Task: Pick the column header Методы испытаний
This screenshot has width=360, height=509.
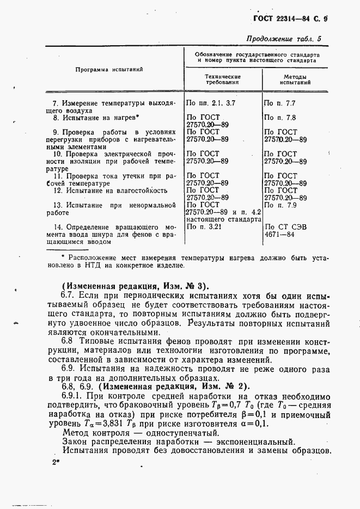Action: click(x=295, y=80)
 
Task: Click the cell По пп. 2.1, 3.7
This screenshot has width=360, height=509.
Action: click(x=210, y=103)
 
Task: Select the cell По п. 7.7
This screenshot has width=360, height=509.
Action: click(x=279, y=103)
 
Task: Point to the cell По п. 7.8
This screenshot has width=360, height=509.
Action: click(x=279, y=118)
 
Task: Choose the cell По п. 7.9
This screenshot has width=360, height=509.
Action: click(x=279, y=205)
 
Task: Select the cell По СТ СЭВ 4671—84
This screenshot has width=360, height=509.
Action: click(x=285, y=231)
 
